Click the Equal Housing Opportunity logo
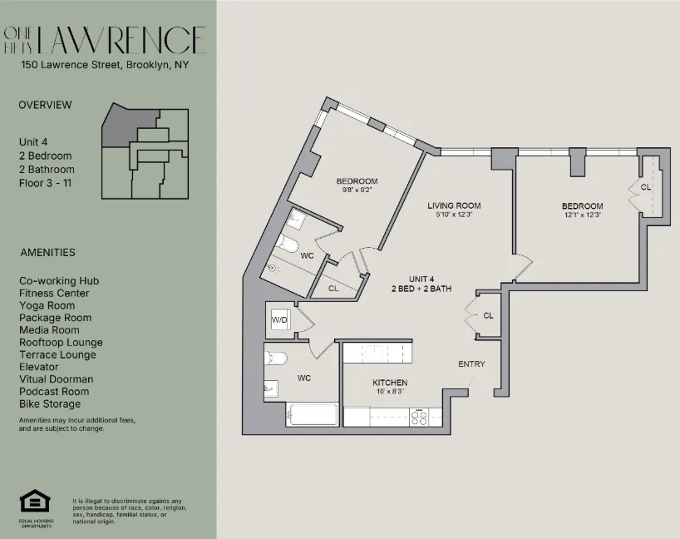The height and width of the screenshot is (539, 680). coord(35,502)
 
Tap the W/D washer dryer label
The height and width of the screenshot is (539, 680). coord(278,319)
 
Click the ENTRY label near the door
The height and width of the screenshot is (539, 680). coord(471,364)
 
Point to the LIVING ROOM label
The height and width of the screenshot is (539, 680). coord(454,205)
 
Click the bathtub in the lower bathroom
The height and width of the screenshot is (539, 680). coord(313,414)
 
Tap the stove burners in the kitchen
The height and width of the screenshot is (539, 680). coord(420,417)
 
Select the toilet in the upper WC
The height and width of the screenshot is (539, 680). coord(288,244)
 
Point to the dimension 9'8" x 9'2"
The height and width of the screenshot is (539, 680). coord(357,190)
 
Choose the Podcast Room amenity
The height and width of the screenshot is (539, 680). coord(55,392)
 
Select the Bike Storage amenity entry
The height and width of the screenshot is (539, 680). coord(50,404)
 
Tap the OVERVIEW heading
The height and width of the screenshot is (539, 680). coord(45,105)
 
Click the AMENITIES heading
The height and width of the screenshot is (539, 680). coord(47,253)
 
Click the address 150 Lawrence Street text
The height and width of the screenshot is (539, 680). coord(105,64)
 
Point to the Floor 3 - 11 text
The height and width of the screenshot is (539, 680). coord(45,181)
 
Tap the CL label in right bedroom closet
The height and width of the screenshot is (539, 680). coord(646,187)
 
